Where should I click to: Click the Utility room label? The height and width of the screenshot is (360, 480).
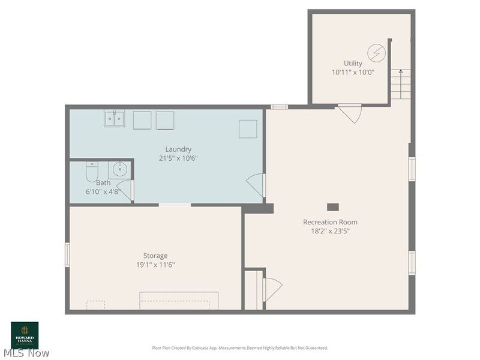click(x=353, y=63)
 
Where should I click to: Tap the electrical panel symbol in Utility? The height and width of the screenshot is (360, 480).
click(x=376, y=53)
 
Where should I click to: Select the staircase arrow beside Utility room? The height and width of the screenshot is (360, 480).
click(x=401, y=75)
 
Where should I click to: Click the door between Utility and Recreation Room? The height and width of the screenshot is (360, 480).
click(x=350, y=113)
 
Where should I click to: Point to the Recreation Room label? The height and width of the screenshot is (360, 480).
click(x=330, y=222)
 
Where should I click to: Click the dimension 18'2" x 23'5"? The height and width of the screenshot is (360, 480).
click(x=330, y=230)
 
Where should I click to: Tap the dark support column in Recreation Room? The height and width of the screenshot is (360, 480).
click(x=332, y=207)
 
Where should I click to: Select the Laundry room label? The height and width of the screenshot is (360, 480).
click(x=178, y=149)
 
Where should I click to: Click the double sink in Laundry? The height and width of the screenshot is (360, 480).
click(x=114, y=119)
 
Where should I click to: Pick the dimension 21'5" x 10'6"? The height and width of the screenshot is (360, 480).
click(x=178, y=158)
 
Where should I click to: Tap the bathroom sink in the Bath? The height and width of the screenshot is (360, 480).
click(x=120, y=169)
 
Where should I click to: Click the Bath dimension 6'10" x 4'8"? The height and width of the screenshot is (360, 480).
click(x=103, y=192)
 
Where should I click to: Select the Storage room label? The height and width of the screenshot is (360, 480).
click(x=155, y=256)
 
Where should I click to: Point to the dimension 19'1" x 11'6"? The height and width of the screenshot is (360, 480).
click(x=155, y=265)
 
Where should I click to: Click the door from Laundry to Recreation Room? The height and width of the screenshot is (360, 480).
click(x=257, y=185)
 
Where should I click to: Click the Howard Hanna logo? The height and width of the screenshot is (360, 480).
click(x=25, y=335)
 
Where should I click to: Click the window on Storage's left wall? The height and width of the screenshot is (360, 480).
click(x=67, y=254)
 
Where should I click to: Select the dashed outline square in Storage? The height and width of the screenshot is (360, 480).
click(x=95, y=305)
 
